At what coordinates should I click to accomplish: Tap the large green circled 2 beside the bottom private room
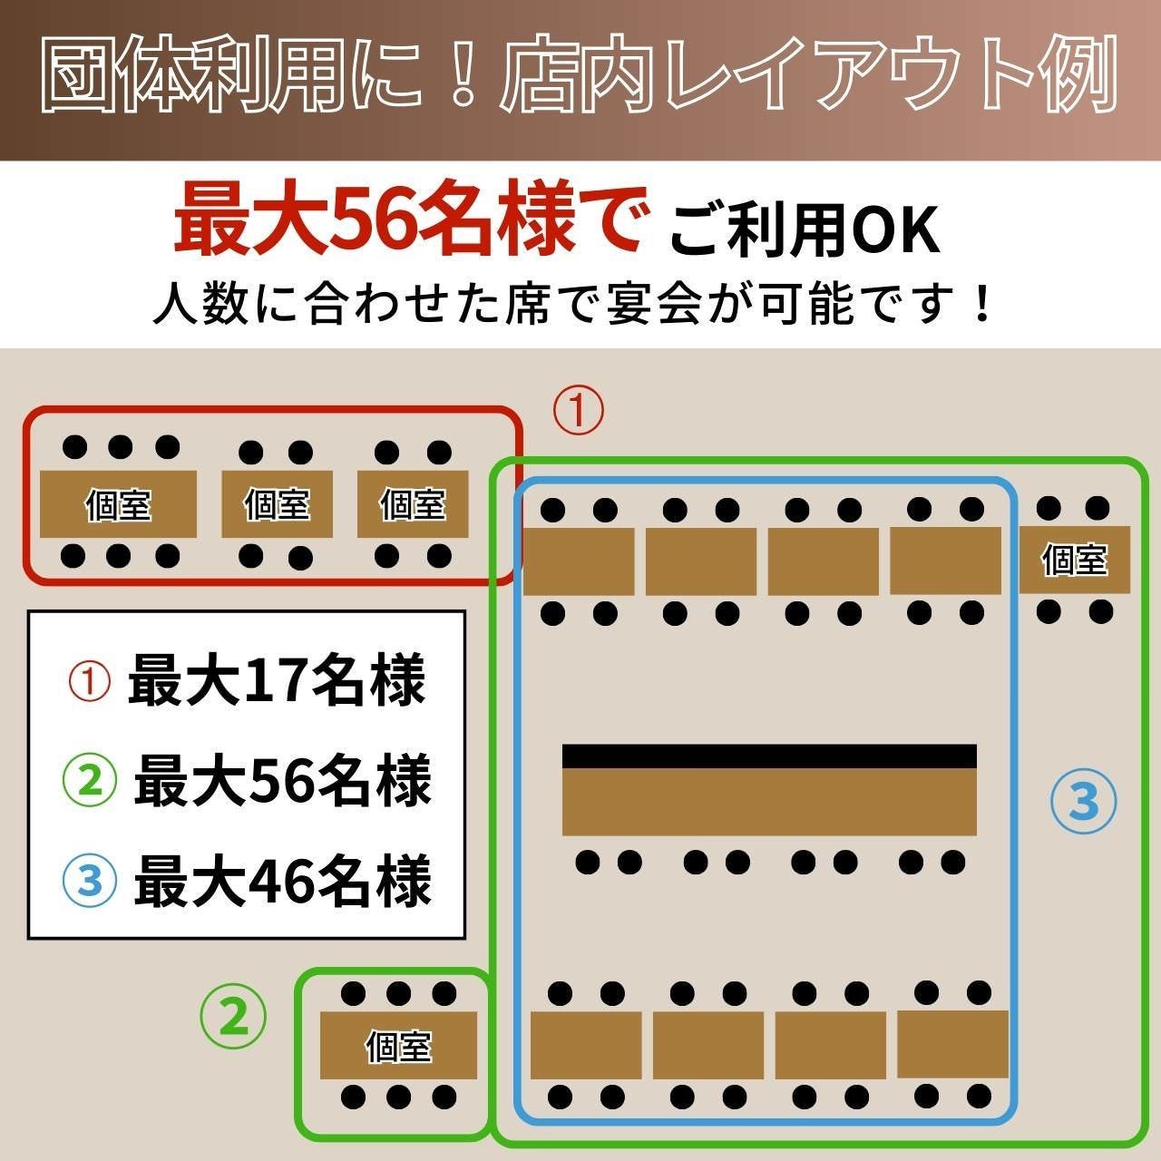(233, 1017)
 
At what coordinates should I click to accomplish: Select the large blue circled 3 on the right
(1083, 801)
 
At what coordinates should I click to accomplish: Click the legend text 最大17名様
(277, 680)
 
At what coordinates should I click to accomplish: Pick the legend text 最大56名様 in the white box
(283, 781)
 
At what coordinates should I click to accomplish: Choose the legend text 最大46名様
(283, 882)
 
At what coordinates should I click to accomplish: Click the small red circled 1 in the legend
(89, 681)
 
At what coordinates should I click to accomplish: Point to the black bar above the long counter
(769, 756)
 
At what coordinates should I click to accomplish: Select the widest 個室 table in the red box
(118, 504)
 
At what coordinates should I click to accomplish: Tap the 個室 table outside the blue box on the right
(1074, 560)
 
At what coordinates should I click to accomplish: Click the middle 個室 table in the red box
(278, 504)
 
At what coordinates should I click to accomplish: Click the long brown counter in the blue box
(769, 802)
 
